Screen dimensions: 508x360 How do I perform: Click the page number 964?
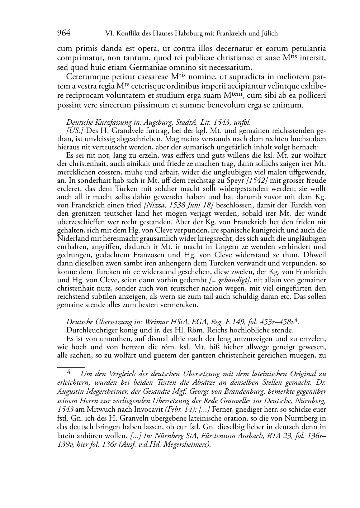63,33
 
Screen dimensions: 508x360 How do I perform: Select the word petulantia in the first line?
308,48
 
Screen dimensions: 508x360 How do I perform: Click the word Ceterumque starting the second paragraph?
85,77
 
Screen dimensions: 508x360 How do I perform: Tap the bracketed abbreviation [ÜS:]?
75,130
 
